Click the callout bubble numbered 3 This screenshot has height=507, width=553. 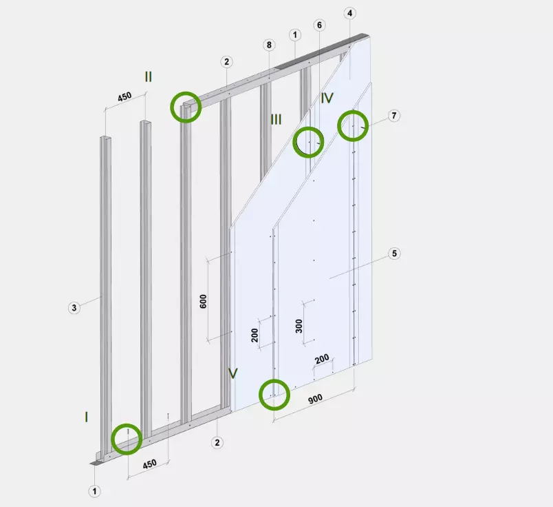[x=74, y=308]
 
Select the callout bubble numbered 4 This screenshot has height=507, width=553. [x=349, y=13]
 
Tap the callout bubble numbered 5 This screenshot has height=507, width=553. [x=394, y=253]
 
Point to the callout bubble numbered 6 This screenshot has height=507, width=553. [x=319, y=25]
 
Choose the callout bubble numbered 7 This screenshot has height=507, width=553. [x=393, y=116]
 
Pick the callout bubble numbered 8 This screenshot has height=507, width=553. [x=269, y=45]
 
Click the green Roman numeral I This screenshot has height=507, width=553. [x=87, y=417]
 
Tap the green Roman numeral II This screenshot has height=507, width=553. [x=149, y=76]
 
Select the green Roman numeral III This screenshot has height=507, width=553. [x=276, y=120]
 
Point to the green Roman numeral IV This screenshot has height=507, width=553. [x=327, y=98]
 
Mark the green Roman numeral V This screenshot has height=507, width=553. [x=232, y=373]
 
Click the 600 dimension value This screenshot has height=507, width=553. [x=204, y=301]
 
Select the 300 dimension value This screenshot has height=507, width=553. [x=299, y=326]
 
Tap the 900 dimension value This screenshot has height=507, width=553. [x=315, y=399]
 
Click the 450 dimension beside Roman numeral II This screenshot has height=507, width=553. [x=124, y=96]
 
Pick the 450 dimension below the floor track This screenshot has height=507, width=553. [x=149, y=464]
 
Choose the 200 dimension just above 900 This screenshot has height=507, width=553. [x=322, y=360]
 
